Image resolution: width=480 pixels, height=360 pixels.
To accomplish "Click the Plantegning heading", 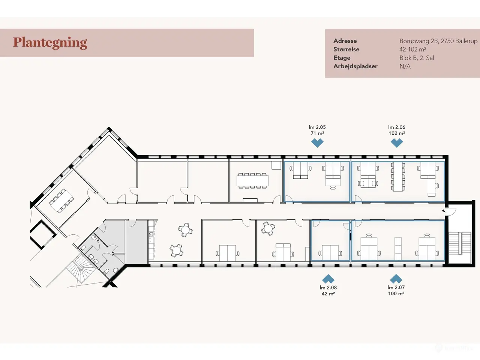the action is (x=50, y=43).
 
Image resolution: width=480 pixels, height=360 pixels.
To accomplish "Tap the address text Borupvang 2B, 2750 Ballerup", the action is (x=438, y=41).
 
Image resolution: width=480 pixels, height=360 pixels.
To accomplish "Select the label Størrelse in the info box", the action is (x=346, y=49).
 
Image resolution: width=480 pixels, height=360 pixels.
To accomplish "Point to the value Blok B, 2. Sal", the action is (x=417, y=58).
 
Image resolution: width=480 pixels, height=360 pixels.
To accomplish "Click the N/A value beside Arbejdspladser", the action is (x=405, y=66).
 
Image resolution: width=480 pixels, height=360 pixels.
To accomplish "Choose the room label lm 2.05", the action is (x=317, y=127).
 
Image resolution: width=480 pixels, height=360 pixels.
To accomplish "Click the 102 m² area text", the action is (x=397, y=133).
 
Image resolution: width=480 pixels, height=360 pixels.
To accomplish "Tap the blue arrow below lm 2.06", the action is (x=397, y=143).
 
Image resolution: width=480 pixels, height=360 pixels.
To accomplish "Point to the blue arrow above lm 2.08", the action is (x=328, y=279).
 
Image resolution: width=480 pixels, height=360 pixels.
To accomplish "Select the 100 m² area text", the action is (x=396, y=294).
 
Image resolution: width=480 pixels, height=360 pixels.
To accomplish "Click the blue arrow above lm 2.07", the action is (x=396, y=279).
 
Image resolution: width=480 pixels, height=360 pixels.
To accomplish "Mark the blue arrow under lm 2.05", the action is (x=317, y=143).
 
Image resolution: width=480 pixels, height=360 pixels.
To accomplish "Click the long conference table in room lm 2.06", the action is (x=398, y=177).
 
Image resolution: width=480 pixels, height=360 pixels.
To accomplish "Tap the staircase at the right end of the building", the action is (x=460, y=243).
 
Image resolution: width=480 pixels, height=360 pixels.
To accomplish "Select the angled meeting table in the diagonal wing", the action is (x=61, y=201).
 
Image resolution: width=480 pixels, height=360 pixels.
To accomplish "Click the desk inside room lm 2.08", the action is (x=330, y=252).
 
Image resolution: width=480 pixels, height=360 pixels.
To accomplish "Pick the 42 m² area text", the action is (x=328, y=294).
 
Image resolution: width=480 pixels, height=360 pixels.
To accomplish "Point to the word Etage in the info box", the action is (x=342, y=58).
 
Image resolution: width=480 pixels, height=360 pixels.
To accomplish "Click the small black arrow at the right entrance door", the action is (x=444, y=211).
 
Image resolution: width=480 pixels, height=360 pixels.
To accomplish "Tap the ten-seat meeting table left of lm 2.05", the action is (x=253, y=181).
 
